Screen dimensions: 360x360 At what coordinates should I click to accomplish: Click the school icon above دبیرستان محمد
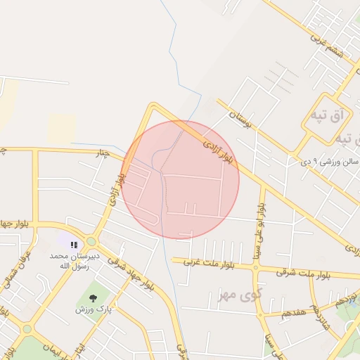click(74, 245)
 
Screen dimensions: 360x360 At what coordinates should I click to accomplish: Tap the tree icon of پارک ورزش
click(93, 297)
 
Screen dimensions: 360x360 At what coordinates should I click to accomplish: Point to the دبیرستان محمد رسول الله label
click(75, 261)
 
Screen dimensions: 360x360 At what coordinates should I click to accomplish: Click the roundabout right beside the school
click(91, 240)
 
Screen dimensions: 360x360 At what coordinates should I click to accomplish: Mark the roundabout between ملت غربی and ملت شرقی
click(255, 266)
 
